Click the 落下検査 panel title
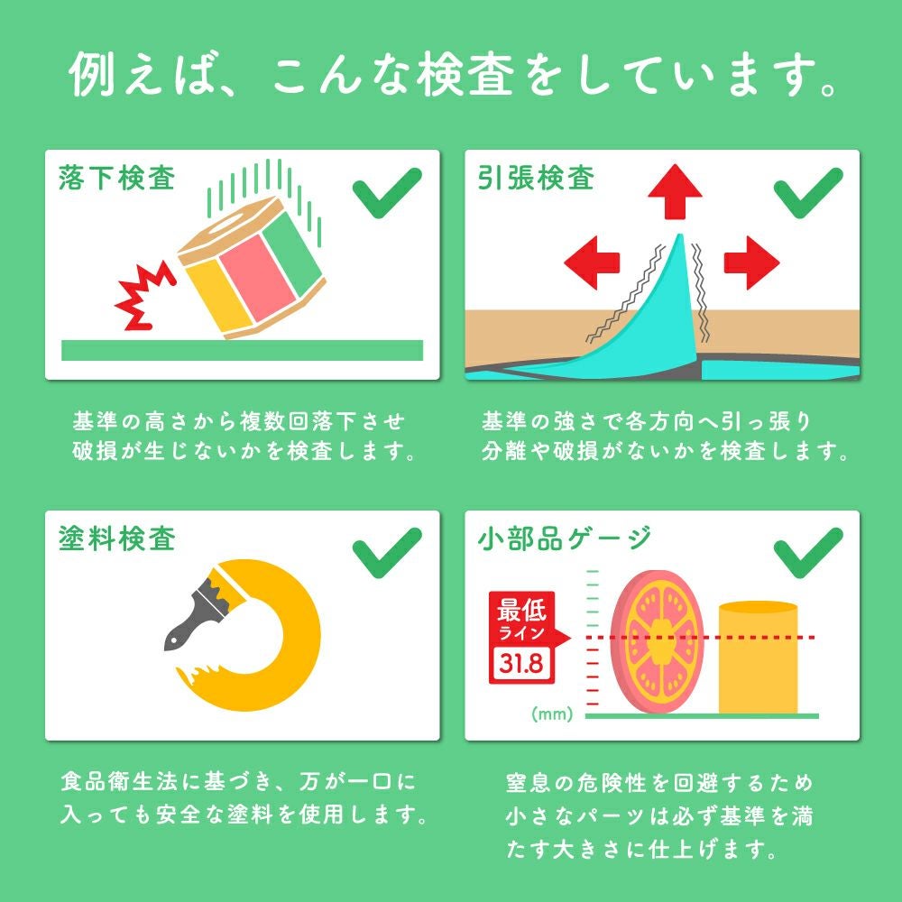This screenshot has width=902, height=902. (116, 178)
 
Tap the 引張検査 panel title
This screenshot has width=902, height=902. (536, 178)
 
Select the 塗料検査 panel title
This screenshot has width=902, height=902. (116, 539)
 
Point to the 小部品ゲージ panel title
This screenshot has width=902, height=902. (564, 539)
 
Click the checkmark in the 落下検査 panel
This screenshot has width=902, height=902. (387, 193)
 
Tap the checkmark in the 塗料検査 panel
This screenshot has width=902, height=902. (387, 553)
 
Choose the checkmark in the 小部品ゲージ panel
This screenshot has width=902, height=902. (808, 553)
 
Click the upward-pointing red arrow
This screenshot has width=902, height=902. (675, 191)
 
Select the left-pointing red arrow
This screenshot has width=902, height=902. (592, 262)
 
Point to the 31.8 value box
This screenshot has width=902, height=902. (521, 663)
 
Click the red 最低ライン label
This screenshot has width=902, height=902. (522, 619)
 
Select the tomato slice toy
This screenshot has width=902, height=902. (657, 640)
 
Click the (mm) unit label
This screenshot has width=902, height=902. (552, 713)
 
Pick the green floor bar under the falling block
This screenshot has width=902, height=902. (242, 350)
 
